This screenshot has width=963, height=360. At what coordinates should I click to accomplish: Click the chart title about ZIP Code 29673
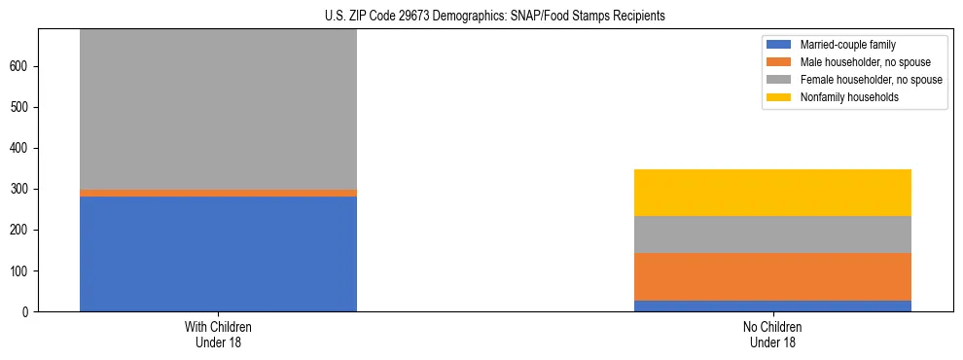(x=495, y=17)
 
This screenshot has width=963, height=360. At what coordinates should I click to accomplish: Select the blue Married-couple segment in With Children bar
(x=218, y=253)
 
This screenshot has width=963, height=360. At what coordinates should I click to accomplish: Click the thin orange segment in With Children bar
(x=218, y=193)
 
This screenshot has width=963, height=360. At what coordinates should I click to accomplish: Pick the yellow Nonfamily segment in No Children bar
(x=772, y=193)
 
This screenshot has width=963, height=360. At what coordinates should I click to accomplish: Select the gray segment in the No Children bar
(x=772, y=234)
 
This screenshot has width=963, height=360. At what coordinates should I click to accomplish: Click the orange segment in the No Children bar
(x=772, y=276)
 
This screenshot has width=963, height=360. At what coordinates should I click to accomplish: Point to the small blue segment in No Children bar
(x=772, y=306)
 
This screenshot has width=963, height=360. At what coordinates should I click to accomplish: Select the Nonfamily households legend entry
(x=844, y=97)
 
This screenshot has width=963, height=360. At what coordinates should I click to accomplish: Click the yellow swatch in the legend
(x=779, y=97)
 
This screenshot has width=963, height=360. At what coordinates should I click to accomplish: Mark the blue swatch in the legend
(x=779, y=45)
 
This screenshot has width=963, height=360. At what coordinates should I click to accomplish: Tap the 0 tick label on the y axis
(x=27, y=311)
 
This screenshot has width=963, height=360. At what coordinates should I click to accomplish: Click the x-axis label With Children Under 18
(x=218, y=334)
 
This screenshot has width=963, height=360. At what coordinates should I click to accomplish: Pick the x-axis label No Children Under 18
(x=772, y=334)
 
